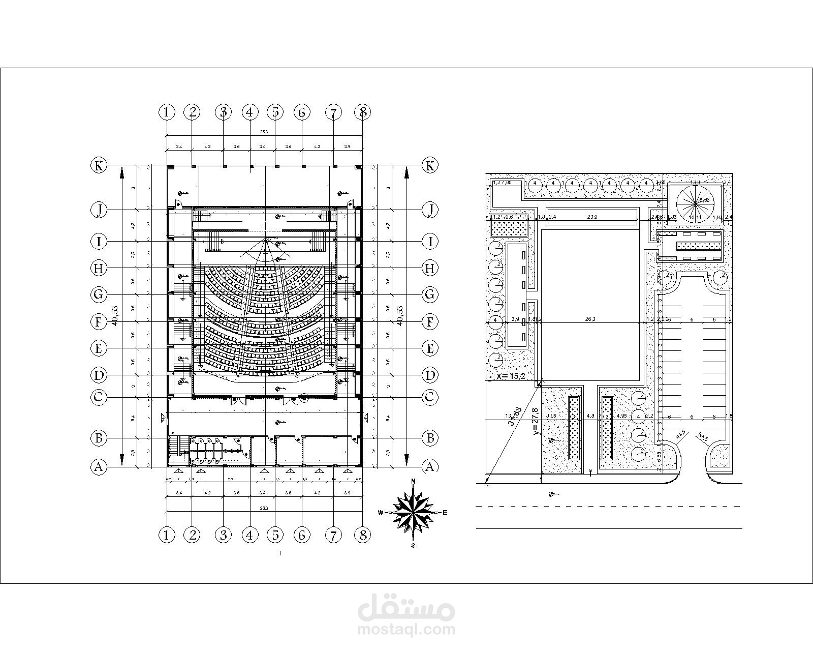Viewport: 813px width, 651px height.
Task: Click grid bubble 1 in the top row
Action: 167,112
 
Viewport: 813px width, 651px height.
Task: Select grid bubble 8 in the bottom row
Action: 363,535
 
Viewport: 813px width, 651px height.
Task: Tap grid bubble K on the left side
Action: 99,165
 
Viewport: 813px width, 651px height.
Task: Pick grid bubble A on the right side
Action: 430,467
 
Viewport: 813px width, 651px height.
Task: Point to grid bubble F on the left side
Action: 99,321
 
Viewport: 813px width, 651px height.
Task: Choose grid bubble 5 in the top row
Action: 275,112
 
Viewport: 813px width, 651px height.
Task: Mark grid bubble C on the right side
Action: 430,397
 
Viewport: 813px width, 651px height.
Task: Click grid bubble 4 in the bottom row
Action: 249,535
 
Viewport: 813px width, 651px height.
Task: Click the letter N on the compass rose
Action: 414,481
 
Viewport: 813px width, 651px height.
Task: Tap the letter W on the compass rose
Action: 380,513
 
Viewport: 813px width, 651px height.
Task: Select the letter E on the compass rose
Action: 445,513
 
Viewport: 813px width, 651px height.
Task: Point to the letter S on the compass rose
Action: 414,546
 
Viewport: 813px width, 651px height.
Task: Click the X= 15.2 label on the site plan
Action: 511,377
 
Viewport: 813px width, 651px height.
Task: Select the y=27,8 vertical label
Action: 535,422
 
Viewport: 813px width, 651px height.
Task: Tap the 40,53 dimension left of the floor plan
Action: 115,315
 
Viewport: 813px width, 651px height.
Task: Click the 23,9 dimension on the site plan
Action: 592,217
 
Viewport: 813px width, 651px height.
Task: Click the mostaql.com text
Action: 407,630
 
